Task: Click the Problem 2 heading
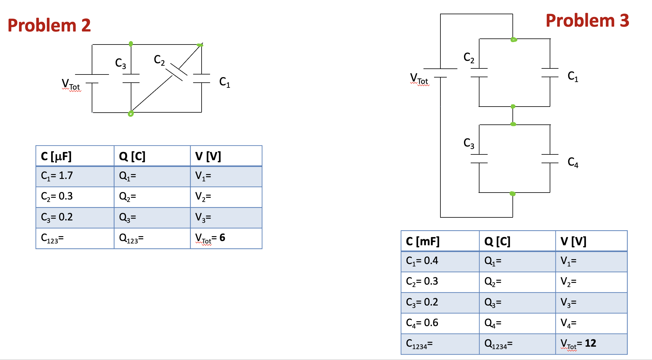click(49, 25)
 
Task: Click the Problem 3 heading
click(587, 21)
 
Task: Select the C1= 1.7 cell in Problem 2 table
click(75, 176)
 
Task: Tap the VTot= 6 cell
click(226, 238)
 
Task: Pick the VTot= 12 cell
click(591, 344)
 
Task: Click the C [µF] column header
click(75, 156)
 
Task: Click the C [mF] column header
click(440, 241)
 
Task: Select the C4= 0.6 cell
click(440, 323)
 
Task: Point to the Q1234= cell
click(517, 344)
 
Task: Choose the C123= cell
click(75, 238)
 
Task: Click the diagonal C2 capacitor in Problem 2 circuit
click(176, 72)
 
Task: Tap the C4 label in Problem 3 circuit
click(573, 163)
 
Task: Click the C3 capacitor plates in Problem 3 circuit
click(479, 159)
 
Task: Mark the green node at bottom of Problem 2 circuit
click(131, 114)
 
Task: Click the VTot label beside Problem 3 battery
click(419, 79)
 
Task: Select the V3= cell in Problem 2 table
click(226, 217)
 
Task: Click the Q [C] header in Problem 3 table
click(517, 241)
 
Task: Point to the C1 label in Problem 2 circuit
click(225, 82)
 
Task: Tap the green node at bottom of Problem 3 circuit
click(512, 193)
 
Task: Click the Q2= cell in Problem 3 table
click(517, 282)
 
